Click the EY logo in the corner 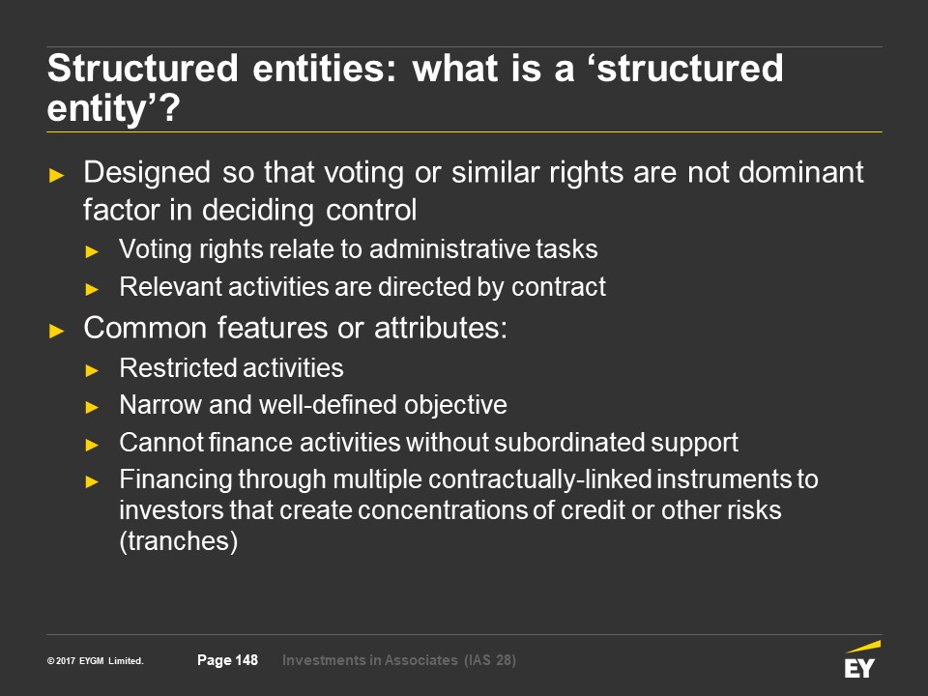click(861, 660)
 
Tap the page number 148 click(246, 660)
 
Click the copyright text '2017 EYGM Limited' click(100, 660)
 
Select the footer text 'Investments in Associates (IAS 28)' click(399, 660)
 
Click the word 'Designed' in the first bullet click(147, 173)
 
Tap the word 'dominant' click(800, 172)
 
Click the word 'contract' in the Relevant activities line click(559, 287)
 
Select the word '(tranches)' click(179, 541)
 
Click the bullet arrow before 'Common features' click(57, 331)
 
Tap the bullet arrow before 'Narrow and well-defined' click(92, 407)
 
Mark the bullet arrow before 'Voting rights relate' click(92, 251)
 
